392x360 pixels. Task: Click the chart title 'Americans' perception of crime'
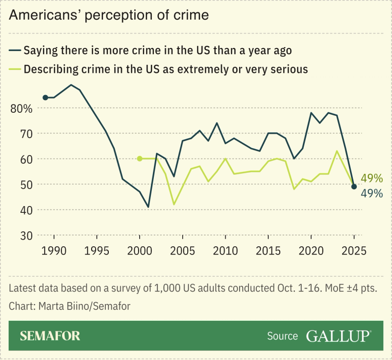click(x=109, y=15)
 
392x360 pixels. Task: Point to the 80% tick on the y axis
click(x=22, y=108)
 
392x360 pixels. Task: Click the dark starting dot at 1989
click(x=45, y=98)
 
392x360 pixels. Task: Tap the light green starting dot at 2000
click(x=140, y=158)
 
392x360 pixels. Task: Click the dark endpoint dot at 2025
click(x=354, y=186)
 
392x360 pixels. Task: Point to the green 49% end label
click(x=371, y=178)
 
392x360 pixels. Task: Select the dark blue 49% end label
click(x=371, y=193)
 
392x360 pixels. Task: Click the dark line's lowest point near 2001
click(x=148, y=207)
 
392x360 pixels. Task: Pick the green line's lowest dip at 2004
click(x=173, y=205)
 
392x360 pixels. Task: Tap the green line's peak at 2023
click(x=337, y=151)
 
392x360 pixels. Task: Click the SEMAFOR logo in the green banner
click(x=50, y=336)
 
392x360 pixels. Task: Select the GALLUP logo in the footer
click(x=338, y=336)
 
